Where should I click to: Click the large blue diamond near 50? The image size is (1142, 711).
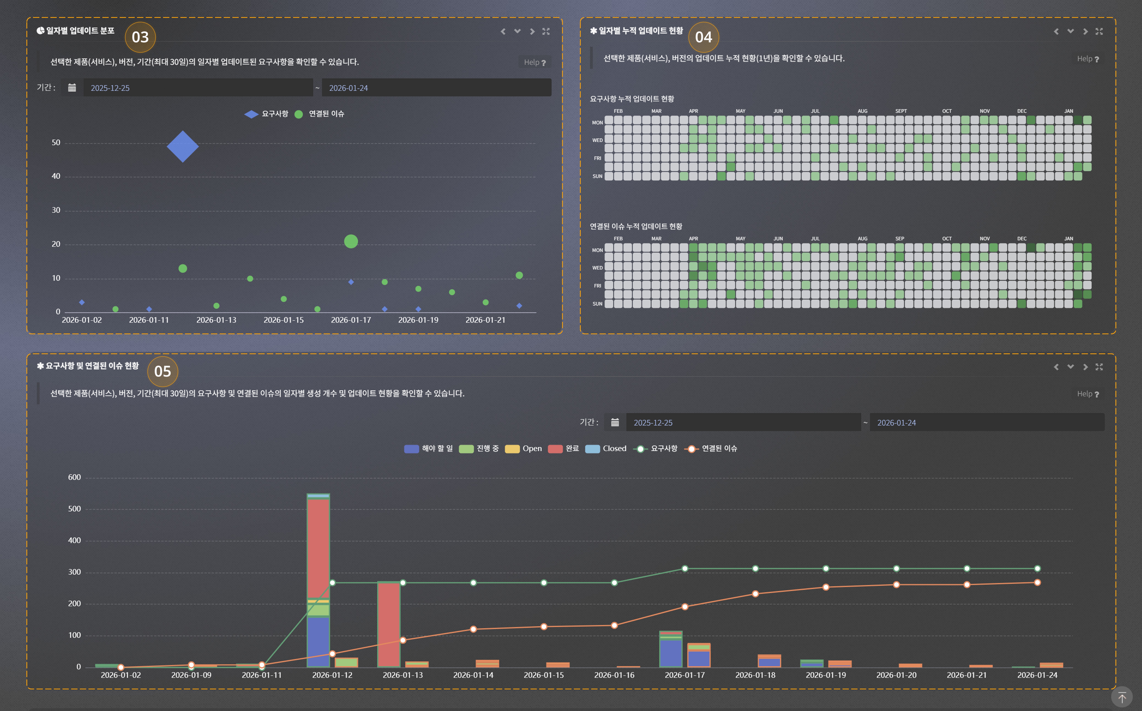(182, 147)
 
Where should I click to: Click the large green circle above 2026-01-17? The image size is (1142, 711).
(351, 241)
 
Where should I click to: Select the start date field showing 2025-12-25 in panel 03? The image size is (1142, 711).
(197, 88)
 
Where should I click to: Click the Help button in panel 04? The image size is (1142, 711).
(1087, 59)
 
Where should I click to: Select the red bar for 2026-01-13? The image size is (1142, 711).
(389, 625)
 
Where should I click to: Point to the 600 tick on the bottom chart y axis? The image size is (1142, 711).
(74, 477)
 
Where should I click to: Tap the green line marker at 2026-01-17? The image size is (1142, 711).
(685, 569)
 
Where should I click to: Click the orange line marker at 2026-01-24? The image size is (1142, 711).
(1037, 583)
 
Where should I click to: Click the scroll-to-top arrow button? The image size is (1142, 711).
(1122, 697)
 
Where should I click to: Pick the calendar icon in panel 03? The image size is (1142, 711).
(72, 88)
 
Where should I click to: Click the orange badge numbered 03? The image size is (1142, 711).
(140, 37)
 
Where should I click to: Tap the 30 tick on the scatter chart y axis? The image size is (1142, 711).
(56, 210)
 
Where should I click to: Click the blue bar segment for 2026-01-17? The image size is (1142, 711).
(671, 654)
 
